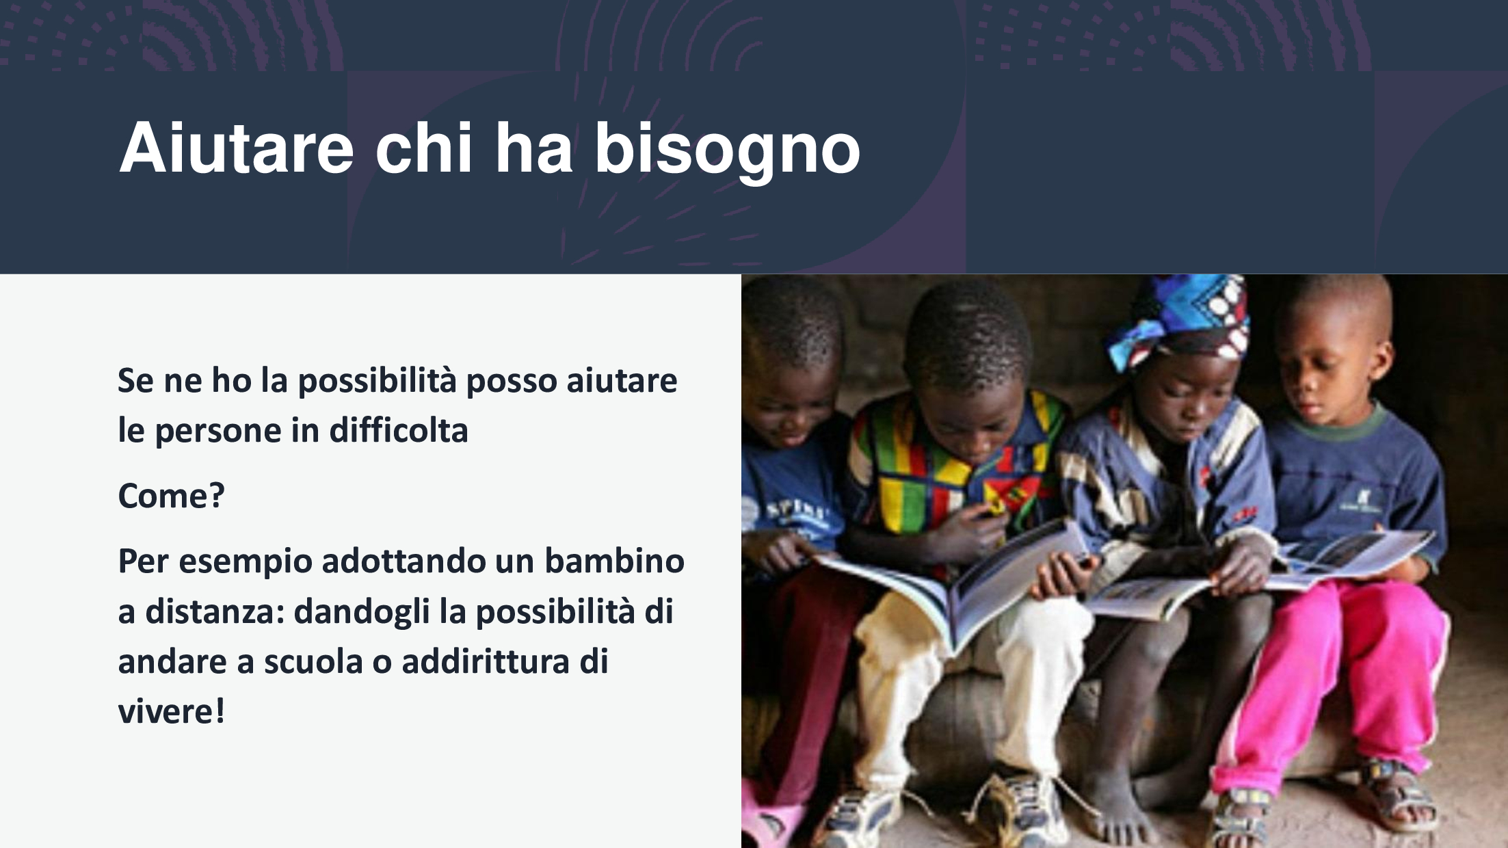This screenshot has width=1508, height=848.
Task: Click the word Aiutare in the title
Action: [237, 148]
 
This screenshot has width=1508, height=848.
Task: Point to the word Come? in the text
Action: [171, 495]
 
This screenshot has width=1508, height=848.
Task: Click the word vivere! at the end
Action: [171, 711]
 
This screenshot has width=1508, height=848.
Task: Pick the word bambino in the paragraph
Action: [614, 561]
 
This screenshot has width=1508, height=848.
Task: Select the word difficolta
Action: [399, 430]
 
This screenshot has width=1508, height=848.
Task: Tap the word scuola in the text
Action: [313, 661]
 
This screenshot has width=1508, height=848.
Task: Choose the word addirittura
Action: [486, 661]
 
